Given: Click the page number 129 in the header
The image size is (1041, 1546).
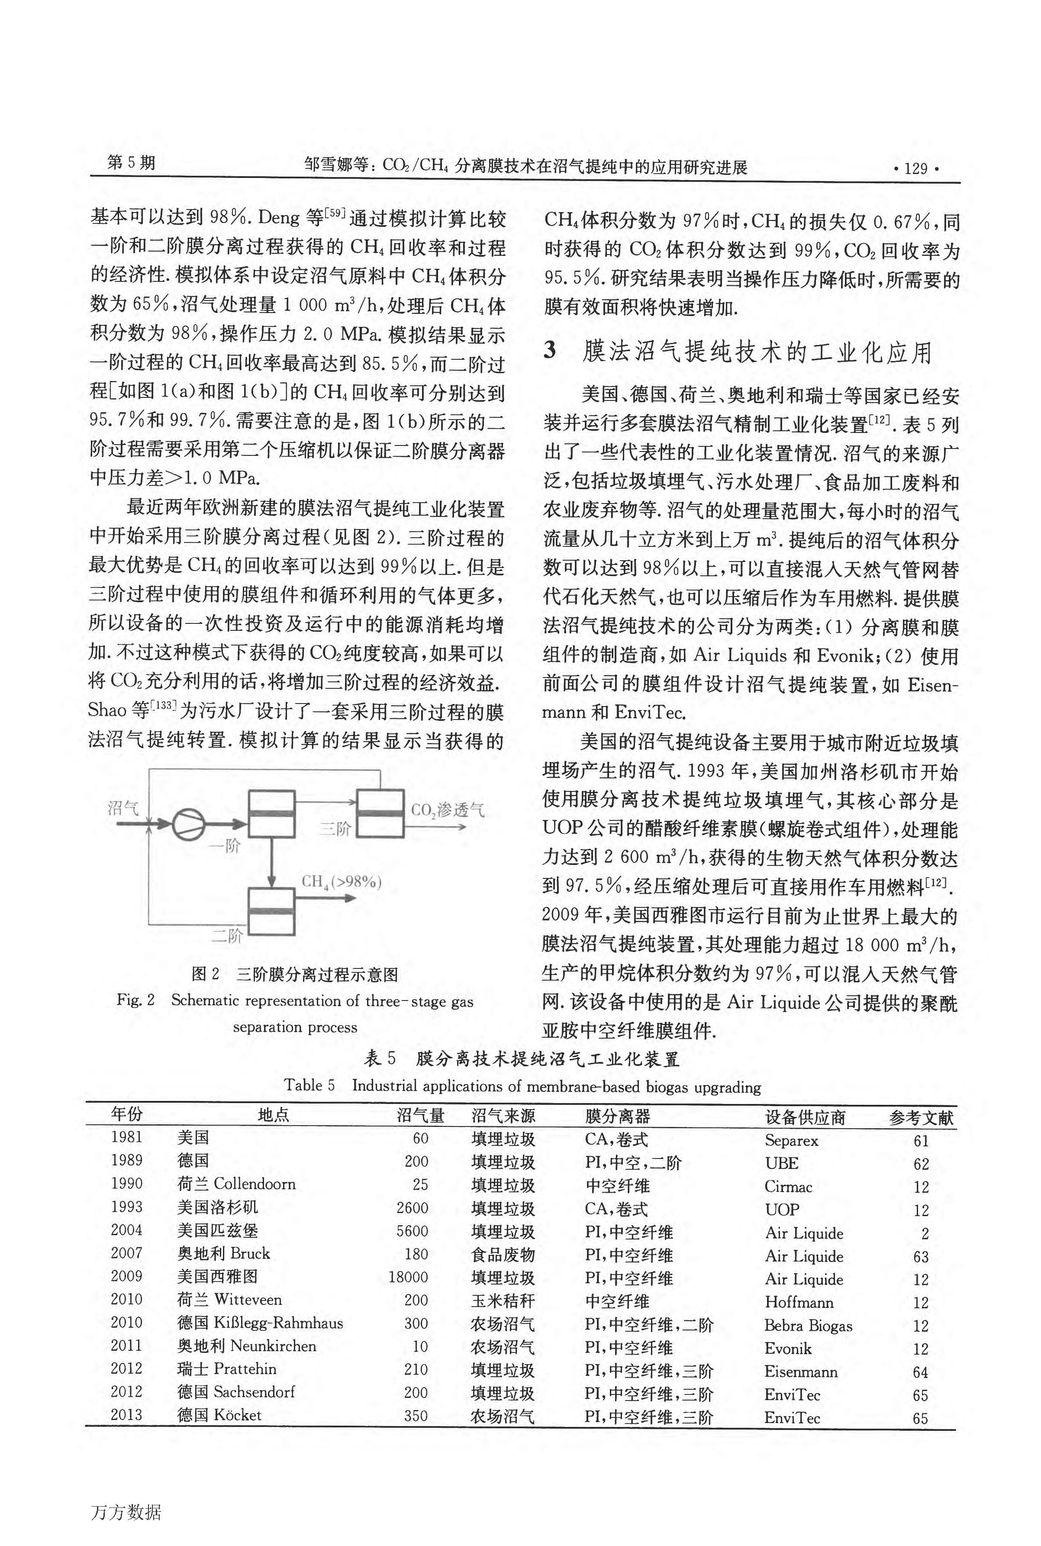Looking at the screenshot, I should [x=916, y=169].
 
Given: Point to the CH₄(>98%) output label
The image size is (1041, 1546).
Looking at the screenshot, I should [x=341, y=882].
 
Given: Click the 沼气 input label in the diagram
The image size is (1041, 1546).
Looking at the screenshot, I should [x=123, y=808].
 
